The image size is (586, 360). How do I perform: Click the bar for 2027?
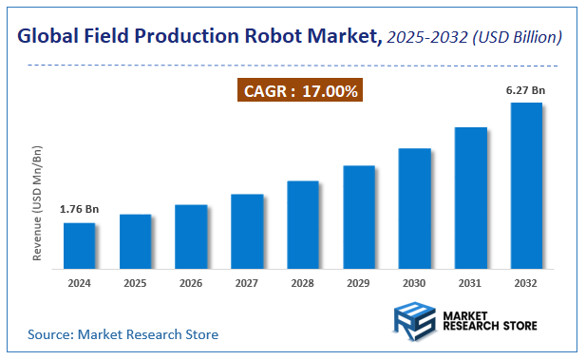coord(247,232)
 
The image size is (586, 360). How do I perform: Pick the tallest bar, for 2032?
coord(526,186)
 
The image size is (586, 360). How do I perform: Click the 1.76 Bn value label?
coord(79,209)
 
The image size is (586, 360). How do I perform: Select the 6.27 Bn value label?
coord(525,89)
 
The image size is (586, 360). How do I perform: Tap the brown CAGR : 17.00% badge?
coord(300,92)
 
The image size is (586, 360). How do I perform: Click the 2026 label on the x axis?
coord(191,283)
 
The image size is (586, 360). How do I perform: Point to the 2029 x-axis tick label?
coord(359,283)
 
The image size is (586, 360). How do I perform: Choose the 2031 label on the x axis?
coord(470,283)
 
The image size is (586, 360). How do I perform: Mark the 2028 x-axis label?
coord(303,283)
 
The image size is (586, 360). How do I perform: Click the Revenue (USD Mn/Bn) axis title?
coord(37,203)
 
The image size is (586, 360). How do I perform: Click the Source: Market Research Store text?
coord(123,334)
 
